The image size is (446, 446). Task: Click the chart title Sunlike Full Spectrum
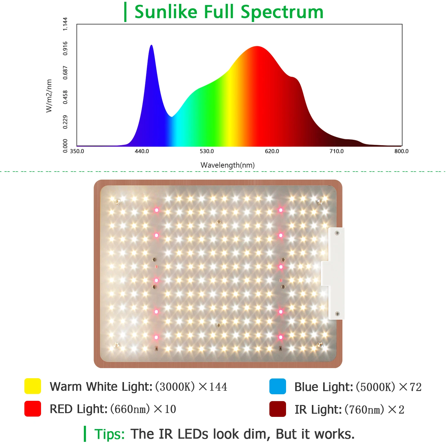pos(229,12)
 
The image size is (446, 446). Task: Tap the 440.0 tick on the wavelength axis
pos(142,151)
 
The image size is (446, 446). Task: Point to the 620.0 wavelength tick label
pos(272,151)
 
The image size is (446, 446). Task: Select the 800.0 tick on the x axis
pos(401,151)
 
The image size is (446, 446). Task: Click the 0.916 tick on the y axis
pos(65,48)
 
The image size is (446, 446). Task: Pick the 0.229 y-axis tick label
pos(65,122)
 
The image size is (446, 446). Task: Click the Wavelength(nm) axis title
pos(227,165)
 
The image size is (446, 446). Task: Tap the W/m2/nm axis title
pos(49,96)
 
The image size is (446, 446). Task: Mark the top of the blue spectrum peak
pos(151,45)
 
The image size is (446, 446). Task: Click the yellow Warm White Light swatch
pos(33,386)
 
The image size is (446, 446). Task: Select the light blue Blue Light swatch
pos(277,387)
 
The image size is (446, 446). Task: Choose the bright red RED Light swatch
pos(33,409)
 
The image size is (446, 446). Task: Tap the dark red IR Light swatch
pos(277,409)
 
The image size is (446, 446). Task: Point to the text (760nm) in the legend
pos(364,410)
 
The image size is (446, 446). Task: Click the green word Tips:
pos(109,434)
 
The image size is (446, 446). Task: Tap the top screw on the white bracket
pos(337,233)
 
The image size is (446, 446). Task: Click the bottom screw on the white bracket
pos(337,314)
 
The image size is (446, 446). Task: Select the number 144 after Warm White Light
pos(218,387)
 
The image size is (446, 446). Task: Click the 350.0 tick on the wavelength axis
pos(77,151)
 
